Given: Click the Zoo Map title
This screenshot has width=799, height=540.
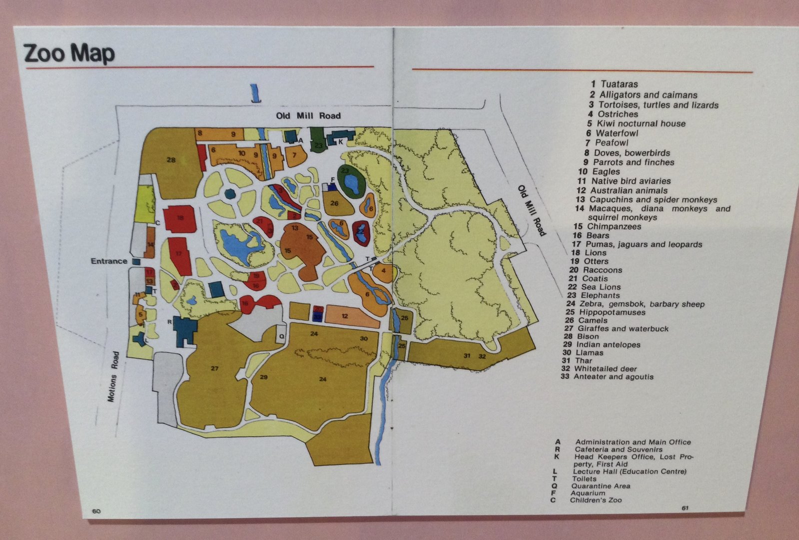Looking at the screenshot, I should click(x=69, y=53).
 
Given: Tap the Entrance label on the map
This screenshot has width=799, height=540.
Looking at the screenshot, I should click(x=109, y=261).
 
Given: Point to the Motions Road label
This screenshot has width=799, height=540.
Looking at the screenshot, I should click(x=114, y=376).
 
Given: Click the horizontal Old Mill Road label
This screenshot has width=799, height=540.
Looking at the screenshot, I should click(x=308, y=115).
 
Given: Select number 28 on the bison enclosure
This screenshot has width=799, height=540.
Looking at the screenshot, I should click(x=171, y=160).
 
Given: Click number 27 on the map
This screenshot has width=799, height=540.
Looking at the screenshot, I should click(x=214, y=368).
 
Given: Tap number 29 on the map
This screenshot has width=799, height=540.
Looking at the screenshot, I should click(x=264, y=377).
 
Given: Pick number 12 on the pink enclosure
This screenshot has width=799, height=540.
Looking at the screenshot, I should click(x=345, y=316).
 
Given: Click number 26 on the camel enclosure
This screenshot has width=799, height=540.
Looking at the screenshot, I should click(x=334, y=203).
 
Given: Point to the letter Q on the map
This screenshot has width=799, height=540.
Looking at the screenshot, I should click(x=281, y=336).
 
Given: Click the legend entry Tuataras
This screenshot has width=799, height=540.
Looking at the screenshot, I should click(x=619, y=84).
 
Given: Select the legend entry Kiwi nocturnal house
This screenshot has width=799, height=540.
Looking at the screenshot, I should click(x=639, y=123).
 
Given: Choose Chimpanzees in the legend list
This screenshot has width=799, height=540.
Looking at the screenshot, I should click(x=614, y=226).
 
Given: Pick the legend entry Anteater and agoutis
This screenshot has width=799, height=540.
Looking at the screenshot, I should click(x=613, y=376).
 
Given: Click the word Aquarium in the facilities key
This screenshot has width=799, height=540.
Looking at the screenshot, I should click(x=588, y=493).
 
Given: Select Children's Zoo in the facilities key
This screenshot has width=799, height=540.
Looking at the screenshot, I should click(x=596, y=500).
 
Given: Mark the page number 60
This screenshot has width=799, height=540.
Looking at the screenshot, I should click(x=96, y=511).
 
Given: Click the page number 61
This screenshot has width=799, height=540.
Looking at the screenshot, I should click(x=685, y=508).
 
